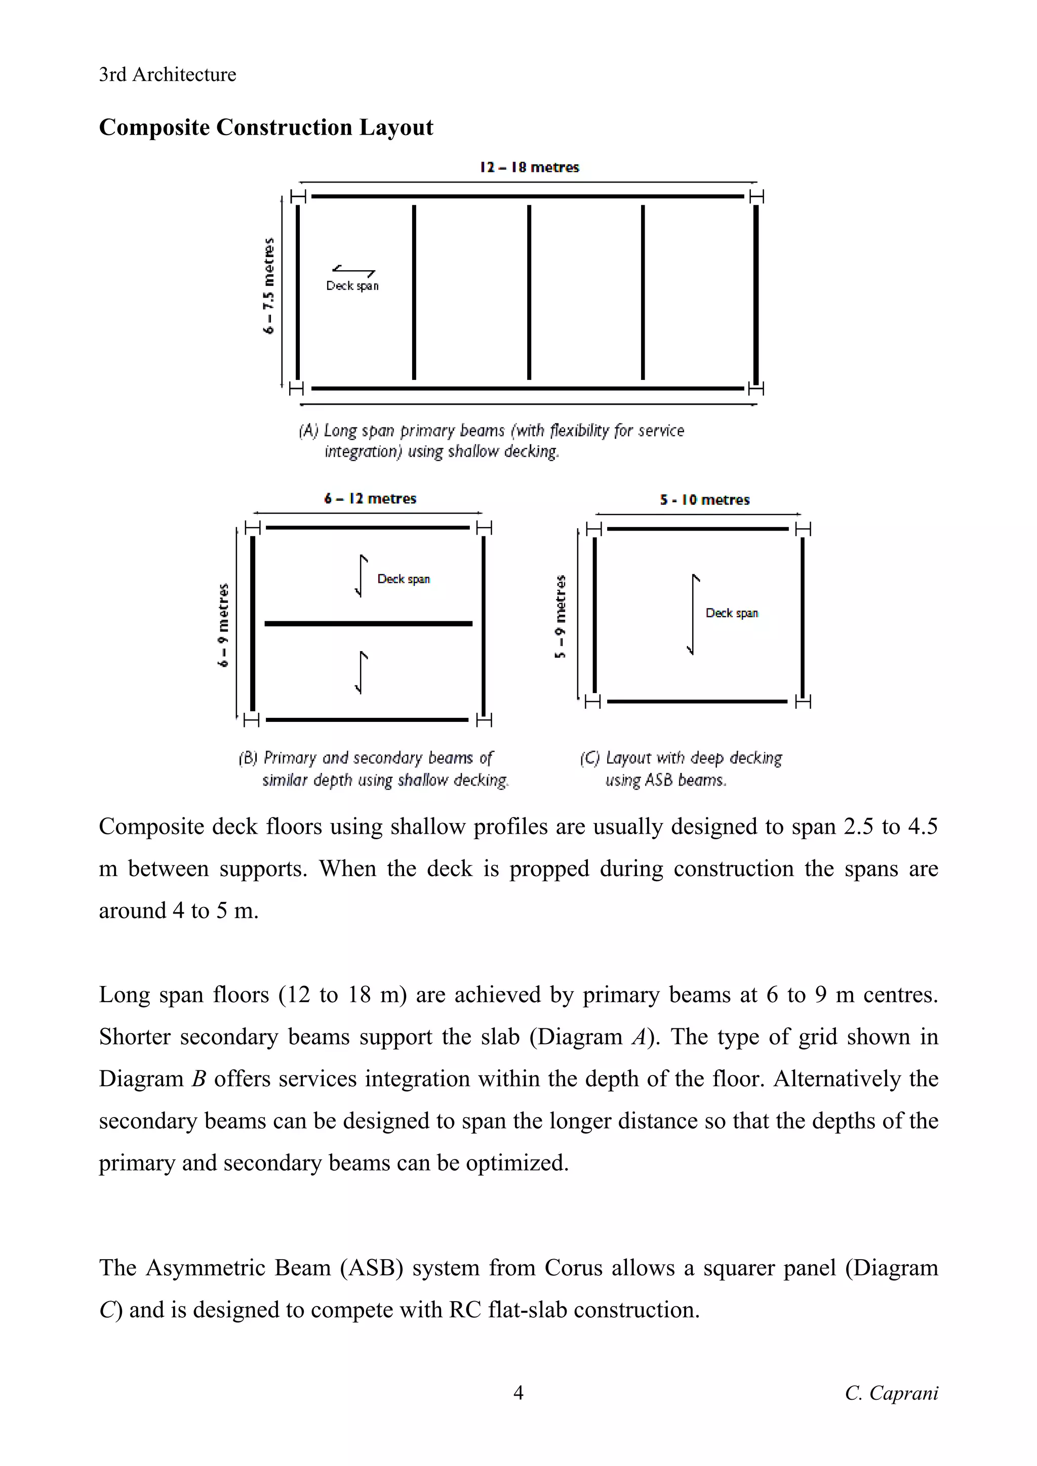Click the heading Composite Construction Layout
tap(266, 127)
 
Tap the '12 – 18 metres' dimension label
tap(529, 167)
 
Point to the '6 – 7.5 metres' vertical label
tap(269, 285)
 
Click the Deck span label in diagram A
tap(352, 286)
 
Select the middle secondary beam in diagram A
tap(529, 292)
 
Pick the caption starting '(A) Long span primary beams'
tap(491, 441)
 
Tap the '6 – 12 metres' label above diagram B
tap(370, 499)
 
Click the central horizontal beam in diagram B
tap(368, 623)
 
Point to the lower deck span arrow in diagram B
tap(362, 672)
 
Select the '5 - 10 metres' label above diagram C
tap(705, 500)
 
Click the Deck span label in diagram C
tap(732, 613)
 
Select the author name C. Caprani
tap(891, 1393)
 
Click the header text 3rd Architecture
tap(168, 75)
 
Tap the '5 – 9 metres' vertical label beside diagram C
tap(561, 616)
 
